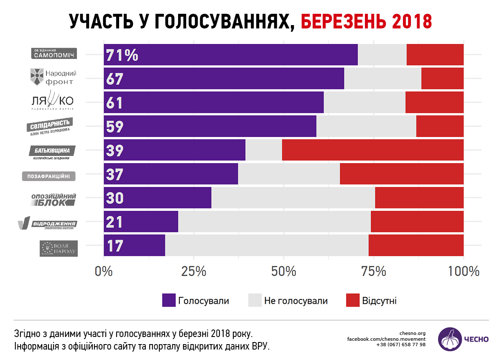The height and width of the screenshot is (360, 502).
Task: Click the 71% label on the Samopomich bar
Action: (122, 55)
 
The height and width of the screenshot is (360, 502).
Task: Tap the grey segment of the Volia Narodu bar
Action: (267, 245)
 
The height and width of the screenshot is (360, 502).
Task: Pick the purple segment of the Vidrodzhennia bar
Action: (141, 222)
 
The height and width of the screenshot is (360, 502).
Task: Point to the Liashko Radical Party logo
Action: (52, 100)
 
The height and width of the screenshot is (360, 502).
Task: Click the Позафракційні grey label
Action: (49, 176)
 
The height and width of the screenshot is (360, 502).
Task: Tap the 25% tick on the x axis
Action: (194, 271)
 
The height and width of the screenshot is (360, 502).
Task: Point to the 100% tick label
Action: (463, 271)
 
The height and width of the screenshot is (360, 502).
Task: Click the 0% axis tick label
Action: (104, 271)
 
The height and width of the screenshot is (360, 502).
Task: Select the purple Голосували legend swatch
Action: (169, 300)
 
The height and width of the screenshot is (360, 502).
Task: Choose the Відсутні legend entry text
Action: (379, 301)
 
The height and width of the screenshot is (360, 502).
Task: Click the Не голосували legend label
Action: (296, 301)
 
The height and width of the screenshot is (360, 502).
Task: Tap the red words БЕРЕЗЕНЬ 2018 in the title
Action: (366, 21)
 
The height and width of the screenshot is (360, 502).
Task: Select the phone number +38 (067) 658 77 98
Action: (401, 345)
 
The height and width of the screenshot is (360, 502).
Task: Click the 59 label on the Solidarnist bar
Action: (115, 127)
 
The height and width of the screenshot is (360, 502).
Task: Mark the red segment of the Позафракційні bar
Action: (402, 174)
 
